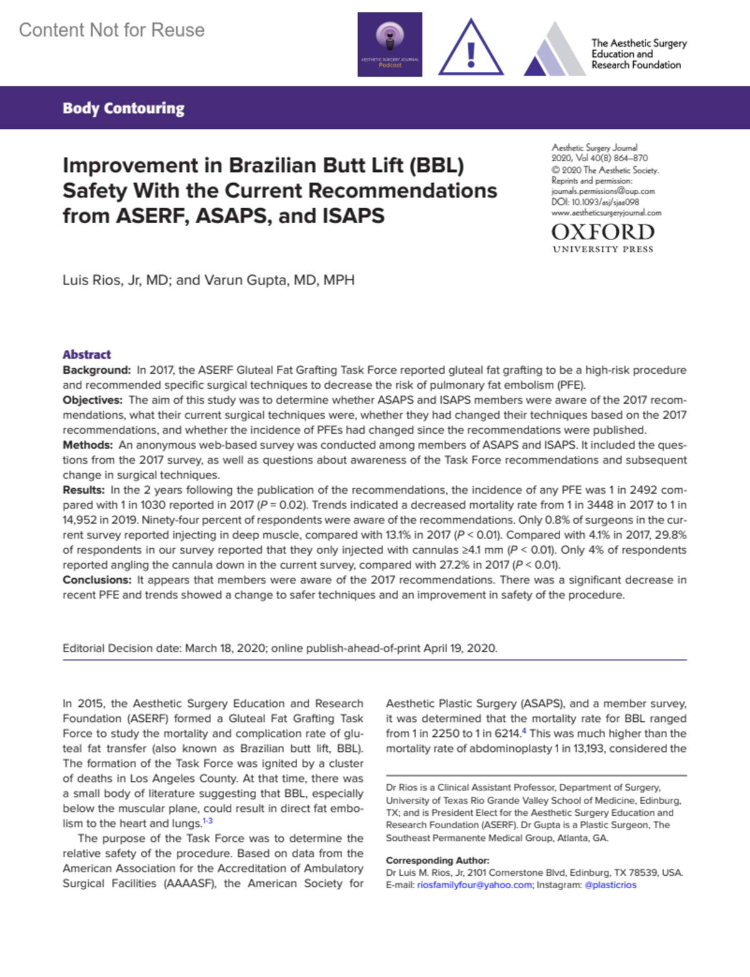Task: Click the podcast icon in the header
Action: pyautogui.click(x=389, y=44)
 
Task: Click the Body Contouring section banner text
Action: pyautogui.click(x=123, y=108)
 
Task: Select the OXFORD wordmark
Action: pyautogui.click(x=602, y=233)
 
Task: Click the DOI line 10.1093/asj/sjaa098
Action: pyautogui.click(x=595, y=202)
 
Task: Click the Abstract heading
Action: pyautogui.click(x=87, y=354)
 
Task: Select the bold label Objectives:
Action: pyautogui.click(x=92, y=400)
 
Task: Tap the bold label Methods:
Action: pyautogui.click(x=87, y=445)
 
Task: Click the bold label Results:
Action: pyautogui.click(x=84, y=490)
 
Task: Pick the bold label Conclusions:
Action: pyautogui.click(x=97, y=580)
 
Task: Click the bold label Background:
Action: pyautogui.click(x=96, y=370)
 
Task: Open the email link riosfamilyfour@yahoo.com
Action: pyautogui.click(x=474, y=885)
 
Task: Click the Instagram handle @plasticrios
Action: pyautogui.click(x=610, y=885)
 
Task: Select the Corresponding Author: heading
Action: pyautogui.click(x=437, y=860)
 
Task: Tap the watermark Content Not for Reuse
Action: pyautogui.click(x=112, y=30)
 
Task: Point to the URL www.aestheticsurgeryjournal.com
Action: pyautogui.click(x=606, y=213)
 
